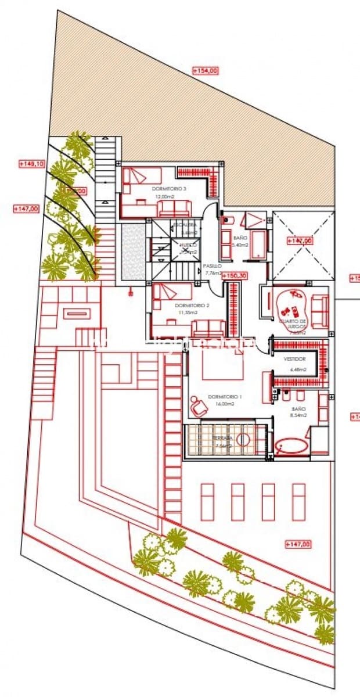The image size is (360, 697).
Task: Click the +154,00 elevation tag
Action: tap(206, 70)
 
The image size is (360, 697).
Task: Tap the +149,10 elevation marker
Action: tap(31, 164)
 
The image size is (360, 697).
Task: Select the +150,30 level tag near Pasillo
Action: tap(235, 276)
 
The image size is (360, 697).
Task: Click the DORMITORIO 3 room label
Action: tap(169, 189)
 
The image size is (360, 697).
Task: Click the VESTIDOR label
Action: tap(294, 359)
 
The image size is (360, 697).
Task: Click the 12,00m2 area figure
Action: tap(164, 196)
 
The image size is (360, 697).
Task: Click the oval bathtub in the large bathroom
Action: tap(292, 447)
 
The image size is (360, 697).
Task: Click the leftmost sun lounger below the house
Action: tap(207, 501)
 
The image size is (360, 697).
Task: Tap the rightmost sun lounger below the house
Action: tap(298, 501)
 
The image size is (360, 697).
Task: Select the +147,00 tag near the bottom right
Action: tap(298, 544)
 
